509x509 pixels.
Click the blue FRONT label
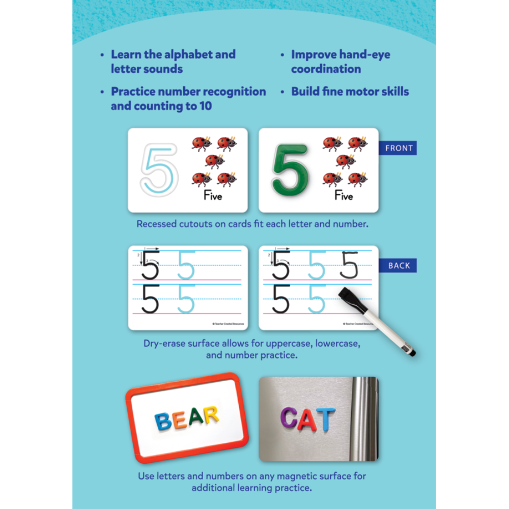[399, 149]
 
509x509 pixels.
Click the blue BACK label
[399, 265]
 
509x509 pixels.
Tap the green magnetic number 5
[290, 168]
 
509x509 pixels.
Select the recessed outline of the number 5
[159, 168]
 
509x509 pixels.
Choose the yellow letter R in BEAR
[210, 415]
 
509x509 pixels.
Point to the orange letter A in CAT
[307, 419]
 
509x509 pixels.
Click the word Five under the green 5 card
[344, 196]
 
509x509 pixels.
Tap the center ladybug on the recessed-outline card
[215, 162]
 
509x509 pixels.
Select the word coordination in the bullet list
[326, 69]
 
